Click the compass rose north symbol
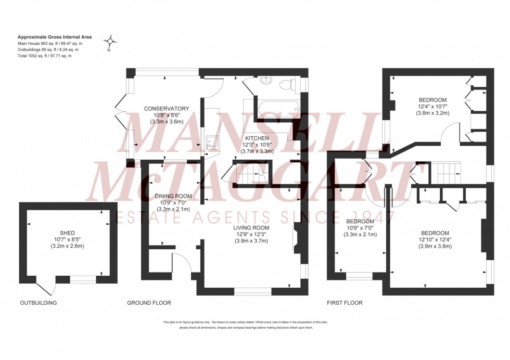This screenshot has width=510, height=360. click(x=110, y=41)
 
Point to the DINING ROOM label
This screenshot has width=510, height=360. click(x=173, y=196)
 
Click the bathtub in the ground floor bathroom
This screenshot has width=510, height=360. click(x=275, y=108)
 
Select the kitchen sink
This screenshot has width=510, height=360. click(x=212, y=141)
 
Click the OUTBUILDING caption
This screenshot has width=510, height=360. click(x=38, y=303)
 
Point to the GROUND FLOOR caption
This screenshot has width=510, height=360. click(x=149, y=303)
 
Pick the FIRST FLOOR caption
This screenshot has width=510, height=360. click(x=345, y=303)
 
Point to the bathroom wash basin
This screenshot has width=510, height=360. click(x=266, y=80)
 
